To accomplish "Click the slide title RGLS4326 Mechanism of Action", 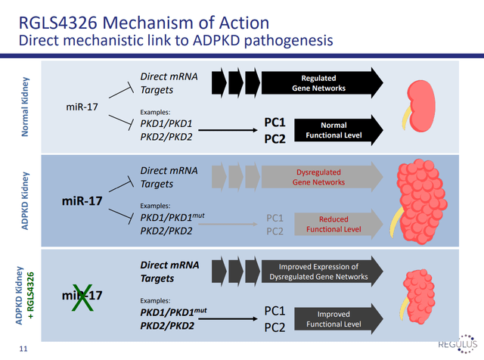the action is [x=144, y=23].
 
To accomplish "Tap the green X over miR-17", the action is [x=82, y=297].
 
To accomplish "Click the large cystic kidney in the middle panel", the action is [x=419, y=201].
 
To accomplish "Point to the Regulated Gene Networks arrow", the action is [x=322, y=82].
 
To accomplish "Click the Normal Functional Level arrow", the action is [x=339, y=130].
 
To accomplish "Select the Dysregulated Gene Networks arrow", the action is [x=322, y=177].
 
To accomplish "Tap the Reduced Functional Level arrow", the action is [x=339, y=224].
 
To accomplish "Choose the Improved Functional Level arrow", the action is [x=339, y=319].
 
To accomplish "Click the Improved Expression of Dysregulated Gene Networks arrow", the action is [x=322, y=272].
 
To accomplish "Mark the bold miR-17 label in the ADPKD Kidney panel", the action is [x=82, y=201].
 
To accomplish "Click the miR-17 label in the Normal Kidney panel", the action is [x=82, y=107].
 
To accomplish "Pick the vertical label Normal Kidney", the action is [x=25, y=107].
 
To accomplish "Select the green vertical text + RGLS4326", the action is [x=30, y=296].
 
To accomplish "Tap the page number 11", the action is [x=23, y=349].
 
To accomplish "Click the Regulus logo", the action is [x=458, y=343].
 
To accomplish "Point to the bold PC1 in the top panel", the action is [x=275, y=123].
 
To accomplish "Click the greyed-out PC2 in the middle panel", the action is [x=275, y=231].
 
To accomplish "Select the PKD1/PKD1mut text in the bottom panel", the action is [x=173, y=312].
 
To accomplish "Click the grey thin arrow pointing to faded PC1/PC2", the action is [x=228, y=224].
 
